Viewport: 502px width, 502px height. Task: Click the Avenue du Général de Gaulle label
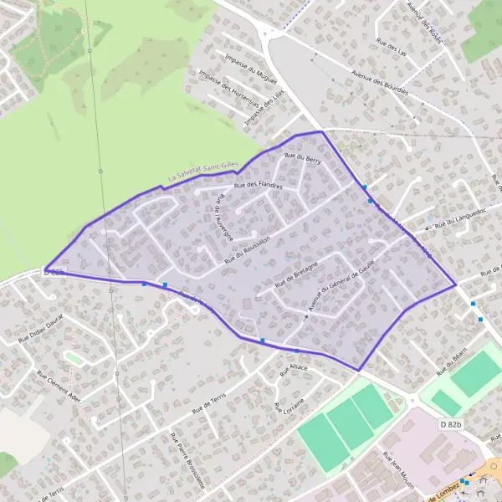coord(339,284)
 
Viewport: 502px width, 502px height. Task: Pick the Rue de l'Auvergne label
coord(227,216)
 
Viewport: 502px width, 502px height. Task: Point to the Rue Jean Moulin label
coord(399,468)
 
